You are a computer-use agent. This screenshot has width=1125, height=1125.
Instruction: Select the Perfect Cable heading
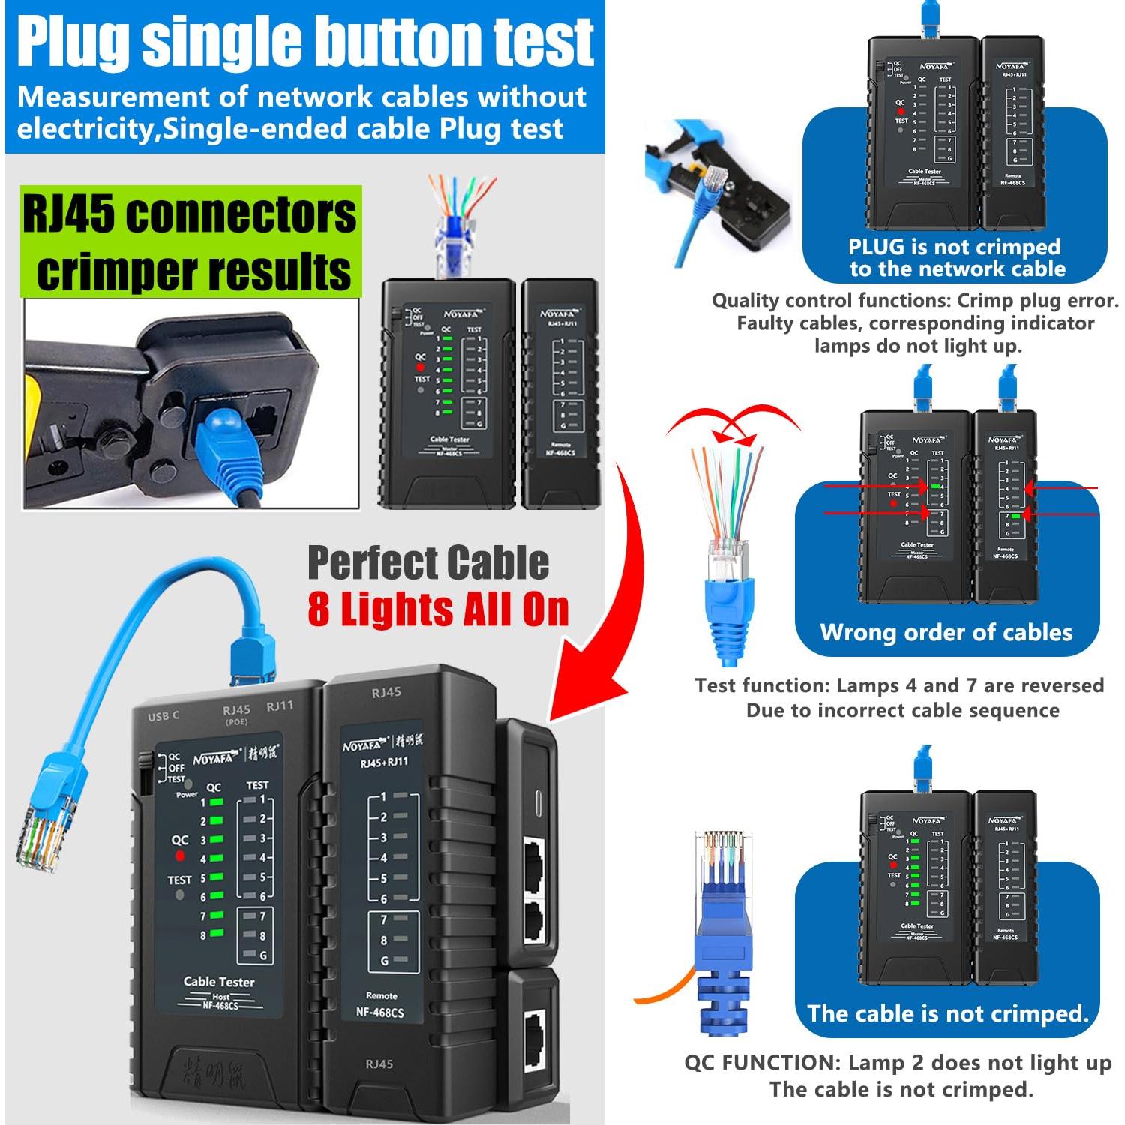428,562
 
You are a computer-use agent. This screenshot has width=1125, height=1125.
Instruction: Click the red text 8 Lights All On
438,609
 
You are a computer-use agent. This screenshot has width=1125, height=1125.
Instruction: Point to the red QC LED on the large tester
179,856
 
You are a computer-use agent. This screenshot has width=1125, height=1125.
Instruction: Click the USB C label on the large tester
163,716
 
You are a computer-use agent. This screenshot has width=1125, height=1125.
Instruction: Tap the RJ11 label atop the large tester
280,706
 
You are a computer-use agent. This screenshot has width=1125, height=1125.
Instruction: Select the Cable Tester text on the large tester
219,981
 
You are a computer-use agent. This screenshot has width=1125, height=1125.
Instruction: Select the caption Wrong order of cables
946,632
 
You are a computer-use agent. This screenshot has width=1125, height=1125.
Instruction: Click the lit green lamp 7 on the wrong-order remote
1015,517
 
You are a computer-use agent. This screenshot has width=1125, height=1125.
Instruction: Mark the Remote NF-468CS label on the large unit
380,1005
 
